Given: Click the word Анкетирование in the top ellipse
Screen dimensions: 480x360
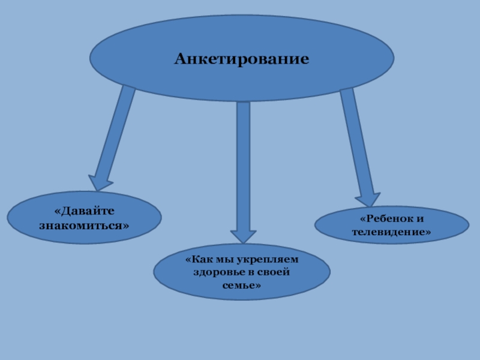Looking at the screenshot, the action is coord(242,59).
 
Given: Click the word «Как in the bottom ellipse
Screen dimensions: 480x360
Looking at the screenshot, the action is coord(200,259).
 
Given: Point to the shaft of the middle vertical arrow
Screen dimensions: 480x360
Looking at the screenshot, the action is coord(243,162).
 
